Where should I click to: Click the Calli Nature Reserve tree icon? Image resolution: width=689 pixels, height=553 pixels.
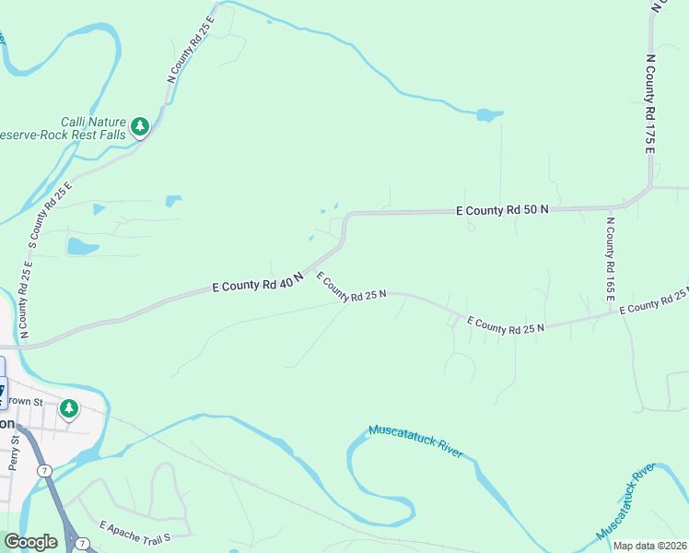tap(139, 126)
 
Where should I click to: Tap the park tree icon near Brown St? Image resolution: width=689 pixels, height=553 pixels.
tap(68, 407)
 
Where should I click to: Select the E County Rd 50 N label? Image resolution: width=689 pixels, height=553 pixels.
tap(502, 210)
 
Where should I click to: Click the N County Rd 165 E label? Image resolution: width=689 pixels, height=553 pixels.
tap(610, 259)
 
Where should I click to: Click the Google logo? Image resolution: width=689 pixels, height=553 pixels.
tap(30, 542)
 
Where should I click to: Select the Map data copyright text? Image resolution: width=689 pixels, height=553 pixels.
tap(650, 546)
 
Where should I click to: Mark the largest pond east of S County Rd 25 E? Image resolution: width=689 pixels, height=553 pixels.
tap(82, 246)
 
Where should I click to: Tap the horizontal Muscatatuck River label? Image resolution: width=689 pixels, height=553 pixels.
tap(415, 441)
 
